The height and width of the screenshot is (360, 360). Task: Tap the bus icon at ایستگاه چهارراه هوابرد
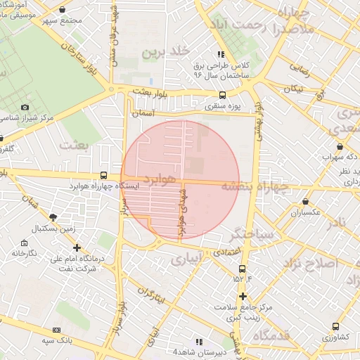[x=104, y=175]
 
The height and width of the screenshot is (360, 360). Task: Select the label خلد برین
[x=167, y=52]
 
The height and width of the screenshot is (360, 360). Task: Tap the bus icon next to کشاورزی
[x=336, y=326]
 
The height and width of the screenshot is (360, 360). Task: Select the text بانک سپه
[x=37, y=341]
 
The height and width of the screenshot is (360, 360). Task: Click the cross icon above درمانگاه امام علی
[x=77, y=247]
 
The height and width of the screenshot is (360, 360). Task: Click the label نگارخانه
[x=24, y=252]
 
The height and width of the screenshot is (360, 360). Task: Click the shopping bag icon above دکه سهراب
[x=340, y=146]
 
